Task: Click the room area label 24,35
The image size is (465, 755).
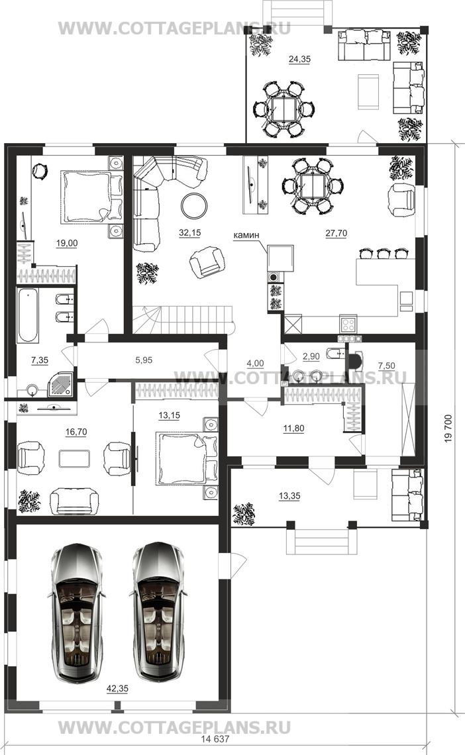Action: [299, 59]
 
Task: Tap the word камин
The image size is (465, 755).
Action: [246, 235]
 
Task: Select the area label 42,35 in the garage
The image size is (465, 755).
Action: [117, 689]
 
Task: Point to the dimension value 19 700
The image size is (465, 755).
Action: [448, 428]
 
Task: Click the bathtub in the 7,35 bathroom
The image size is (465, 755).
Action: [27, 315]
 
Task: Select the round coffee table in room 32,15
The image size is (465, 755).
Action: [194, 206]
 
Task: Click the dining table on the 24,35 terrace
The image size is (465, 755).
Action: [284, 110]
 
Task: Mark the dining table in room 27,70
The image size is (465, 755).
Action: [313, 186]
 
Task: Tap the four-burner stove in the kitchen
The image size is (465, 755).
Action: [348, 323]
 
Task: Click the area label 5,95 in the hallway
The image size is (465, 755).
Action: [144, 360]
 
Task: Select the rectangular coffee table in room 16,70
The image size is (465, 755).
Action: [74, 458]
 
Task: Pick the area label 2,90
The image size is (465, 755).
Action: [311, 356]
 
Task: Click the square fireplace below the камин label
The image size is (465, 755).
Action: [281, 258]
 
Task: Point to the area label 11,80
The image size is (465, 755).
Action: [293, 428]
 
